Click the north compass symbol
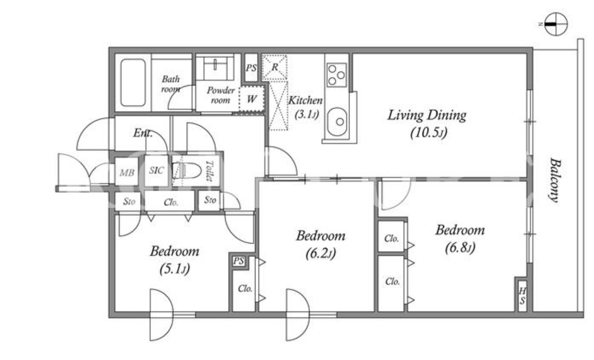click(x=556, y=24)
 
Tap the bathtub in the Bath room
click(x=133, y=83)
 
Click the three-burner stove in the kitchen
click(x=337, y=75)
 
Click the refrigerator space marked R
click(x=275, y=67)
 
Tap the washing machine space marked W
click(x=252, y=99)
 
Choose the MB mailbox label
click(x=127, y=173)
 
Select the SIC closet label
click(x=157, y=170)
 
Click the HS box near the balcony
click(x=522, y=296)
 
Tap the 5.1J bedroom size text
click(x=174, y=269)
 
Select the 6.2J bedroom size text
click(x=321, y=253)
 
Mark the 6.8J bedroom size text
click(x=460, y=248)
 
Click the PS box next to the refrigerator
click(x=251, y=68)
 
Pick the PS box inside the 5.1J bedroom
click(x=239, y=261)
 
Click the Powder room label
click(x=220, y=95)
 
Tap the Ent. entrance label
click(x=143, y=133)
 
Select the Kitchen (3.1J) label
click(x=306, y=107)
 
